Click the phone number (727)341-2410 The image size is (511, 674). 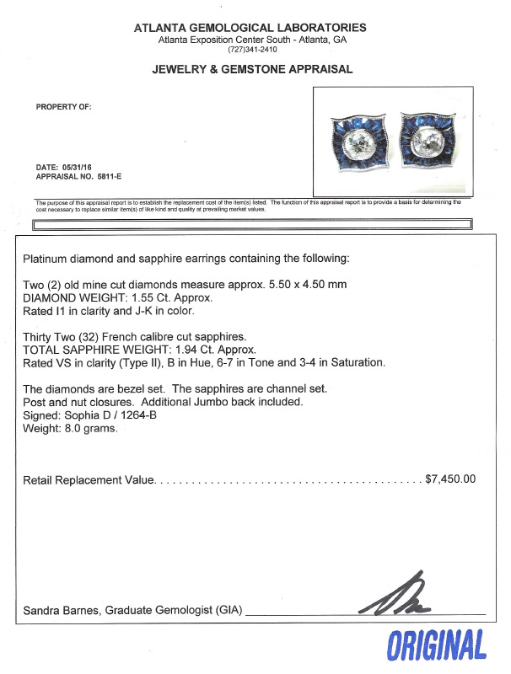(251, 50)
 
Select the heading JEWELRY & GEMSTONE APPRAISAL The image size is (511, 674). (251, 70)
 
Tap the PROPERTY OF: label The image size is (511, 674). (63, 107)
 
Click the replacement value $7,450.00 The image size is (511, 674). (450, 479)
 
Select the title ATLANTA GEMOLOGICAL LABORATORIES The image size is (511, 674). (251, 28)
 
